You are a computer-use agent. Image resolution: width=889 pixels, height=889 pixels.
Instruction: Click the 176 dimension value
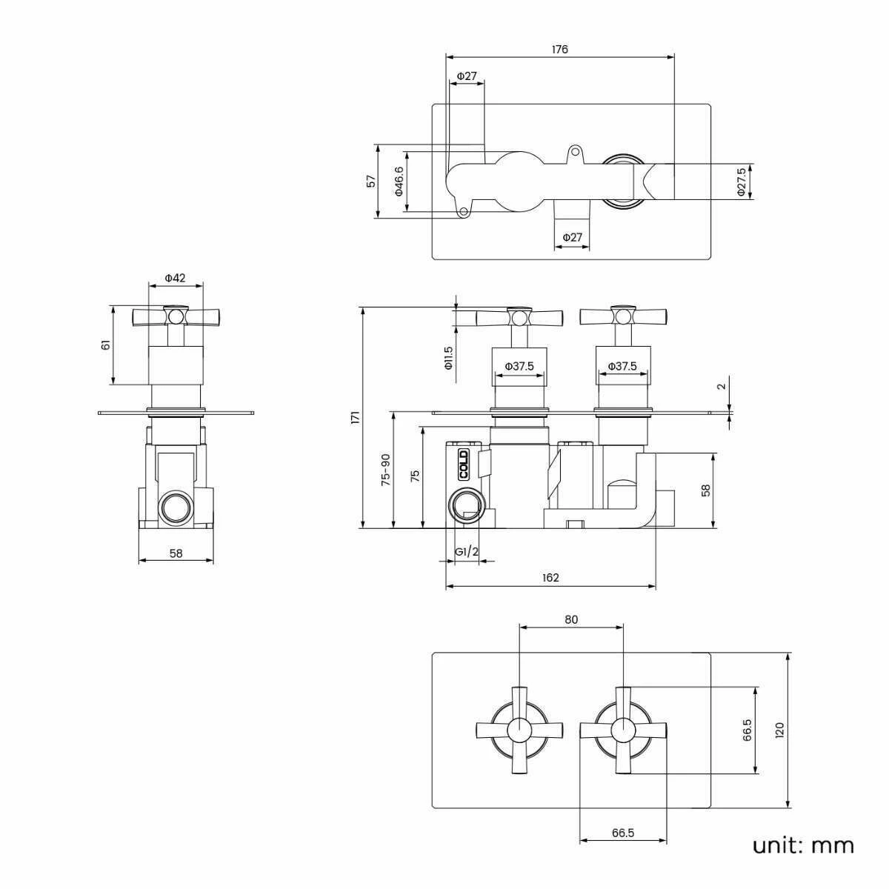point(559,50)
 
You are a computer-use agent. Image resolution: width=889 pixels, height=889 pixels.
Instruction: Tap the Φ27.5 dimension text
point(741,182)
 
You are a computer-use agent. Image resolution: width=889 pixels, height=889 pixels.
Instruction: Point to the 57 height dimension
point(371,181)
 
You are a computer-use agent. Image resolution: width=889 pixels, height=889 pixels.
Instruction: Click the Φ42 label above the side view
point(175,278)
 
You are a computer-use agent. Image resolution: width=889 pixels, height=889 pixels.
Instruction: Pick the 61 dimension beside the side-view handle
point(105,345)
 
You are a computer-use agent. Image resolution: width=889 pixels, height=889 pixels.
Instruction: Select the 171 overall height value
point(355,417)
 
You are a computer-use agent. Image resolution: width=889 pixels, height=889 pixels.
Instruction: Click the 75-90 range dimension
point(384,470)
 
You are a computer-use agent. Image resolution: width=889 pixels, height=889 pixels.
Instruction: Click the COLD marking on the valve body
point(463,465)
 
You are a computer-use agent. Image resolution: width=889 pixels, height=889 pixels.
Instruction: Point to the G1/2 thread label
point(467,552)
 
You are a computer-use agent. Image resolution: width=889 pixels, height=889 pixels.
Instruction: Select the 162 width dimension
point(550,578)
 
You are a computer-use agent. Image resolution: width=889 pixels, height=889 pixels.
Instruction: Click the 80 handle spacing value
point(570,619)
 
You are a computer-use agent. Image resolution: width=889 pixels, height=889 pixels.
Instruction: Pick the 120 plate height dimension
point(778,730)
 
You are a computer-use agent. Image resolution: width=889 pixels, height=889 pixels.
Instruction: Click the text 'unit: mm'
point(803,845)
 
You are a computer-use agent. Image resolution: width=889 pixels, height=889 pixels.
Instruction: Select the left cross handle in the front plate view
point(519,730)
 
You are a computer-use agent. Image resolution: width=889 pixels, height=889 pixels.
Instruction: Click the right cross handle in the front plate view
point(623,730)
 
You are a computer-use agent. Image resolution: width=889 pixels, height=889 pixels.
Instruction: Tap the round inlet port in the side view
point(176,509)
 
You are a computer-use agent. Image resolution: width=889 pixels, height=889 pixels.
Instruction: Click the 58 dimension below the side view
point(176,552)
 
